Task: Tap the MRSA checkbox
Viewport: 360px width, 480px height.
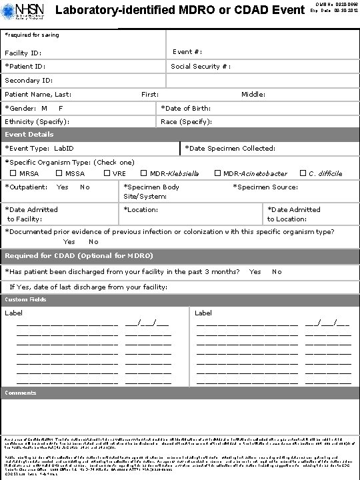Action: click(x=13, y=174)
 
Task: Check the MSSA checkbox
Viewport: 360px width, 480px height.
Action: click(x=59, y=174)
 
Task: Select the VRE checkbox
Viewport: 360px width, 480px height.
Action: click(x=107, y=174)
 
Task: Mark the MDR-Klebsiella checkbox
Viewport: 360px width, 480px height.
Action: click(x=144, y=174)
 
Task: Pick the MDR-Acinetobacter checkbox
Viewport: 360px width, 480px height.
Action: click(x=217, y=174)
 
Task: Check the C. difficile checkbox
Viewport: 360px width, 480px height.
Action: click(x=303, y=174)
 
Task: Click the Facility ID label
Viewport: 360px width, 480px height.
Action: click(x=23, y=53)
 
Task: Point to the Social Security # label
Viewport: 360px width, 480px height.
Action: click(x=201, y=67)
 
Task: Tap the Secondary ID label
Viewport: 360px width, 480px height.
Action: click(x=28, y=81)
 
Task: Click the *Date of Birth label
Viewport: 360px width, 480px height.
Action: click(x=186, y=109)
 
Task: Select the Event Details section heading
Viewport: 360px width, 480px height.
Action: click(x=29, y=135)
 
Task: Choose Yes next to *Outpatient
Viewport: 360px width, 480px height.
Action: click(x=63, y=187)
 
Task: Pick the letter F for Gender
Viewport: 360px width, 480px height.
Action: click(x=61, y=109)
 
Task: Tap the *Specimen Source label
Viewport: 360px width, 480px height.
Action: click(x=265, y=187)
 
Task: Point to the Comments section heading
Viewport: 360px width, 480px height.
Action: click(x=21, y=393)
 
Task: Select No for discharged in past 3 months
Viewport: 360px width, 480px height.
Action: click(x=277, y=272)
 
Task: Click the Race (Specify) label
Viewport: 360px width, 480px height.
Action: click(x=187, y=122)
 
